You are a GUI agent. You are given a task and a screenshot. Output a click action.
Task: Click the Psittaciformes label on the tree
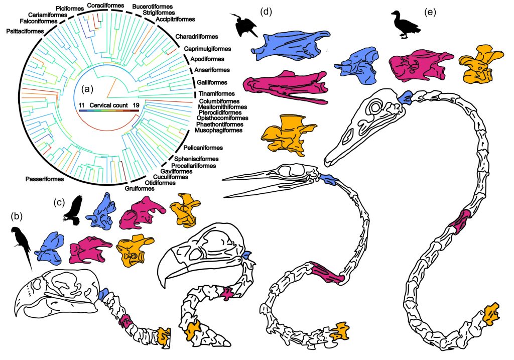(25, 31)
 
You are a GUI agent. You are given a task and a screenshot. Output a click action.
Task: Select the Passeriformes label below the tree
(45, 179)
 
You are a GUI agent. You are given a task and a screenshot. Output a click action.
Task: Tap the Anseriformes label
(212, 70)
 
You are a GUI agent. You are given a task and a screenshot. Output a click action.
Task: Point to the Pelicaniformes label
(203, 148)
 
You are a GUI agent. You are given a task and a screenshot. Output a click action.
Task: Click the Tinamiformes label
(216, 94)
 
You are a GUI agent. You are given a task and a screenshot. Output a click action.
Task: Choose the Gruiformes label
(140, 188)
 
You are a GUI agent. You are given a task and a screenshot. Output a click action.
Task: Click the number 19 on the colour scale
(136, 105)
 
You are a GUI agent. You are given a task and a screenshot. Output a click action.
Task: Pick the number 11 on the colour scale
(82, 105)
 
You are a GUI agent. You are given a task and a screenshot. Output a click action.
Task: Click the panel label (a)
(88, 89)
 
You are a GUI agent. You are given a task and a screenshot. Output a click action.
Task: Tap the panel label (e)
(430, 13)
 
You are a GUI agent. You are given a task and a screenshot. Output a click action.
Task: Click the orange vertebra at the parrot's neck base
(164, 334)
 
